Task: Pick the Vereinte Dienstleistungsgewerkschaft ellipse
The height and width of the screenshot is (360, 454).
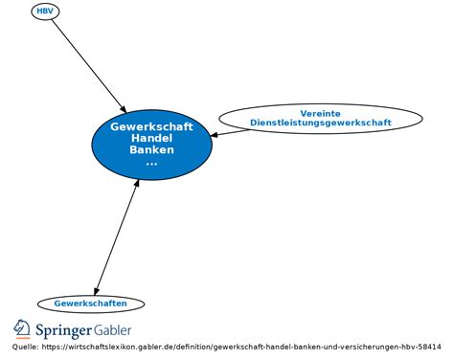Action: pos(320,118)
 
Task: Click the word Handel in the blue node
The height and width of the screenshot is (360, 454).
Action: pos(151,138)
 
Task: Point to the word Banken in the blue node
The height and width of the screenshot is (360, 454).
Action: pos(151,149)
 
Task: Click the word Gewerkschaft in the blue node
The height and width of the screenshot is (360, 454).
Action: pos(151,126)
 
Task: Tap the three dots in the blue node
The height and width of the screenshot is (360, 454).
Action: pos(151,162)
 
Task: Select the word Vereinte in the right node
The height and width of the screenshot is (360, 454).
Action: pos(320,113)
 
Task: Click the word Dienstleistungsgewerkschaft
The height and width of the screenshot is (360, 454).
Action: pos(320,124)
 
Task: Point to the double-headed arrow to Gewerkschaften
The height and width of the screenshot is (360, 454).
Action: pos(118,236)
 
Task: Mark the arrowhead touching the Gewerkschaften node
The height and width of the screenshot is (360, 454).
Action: pos(96,291)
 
